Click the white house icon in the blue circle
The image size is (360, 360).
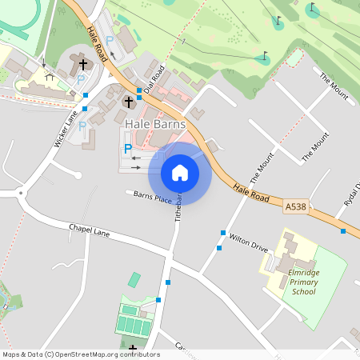click(x=180, y=172)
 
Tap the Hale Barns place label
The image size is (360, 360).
click(x=156, y=125)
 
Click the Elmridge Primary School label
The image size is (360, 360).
click(x=303, y=282)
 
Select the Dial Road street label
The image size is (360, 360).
click(x=154, y=78)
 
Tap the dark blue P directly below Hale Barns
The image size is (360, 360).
click(x=127, y=149)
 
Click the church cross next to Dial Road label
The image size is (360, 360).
click(x=129, y=102)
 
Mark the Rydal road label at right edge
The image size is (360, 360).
click(x=352, y=195)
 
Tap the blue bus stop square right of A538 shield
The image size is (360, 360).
click(x=342, y=231)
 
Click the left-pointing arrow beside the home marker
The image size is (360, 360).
click(x=135, y=158)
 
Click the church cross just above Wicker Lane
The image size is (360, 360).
click(x=82, y=62)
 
